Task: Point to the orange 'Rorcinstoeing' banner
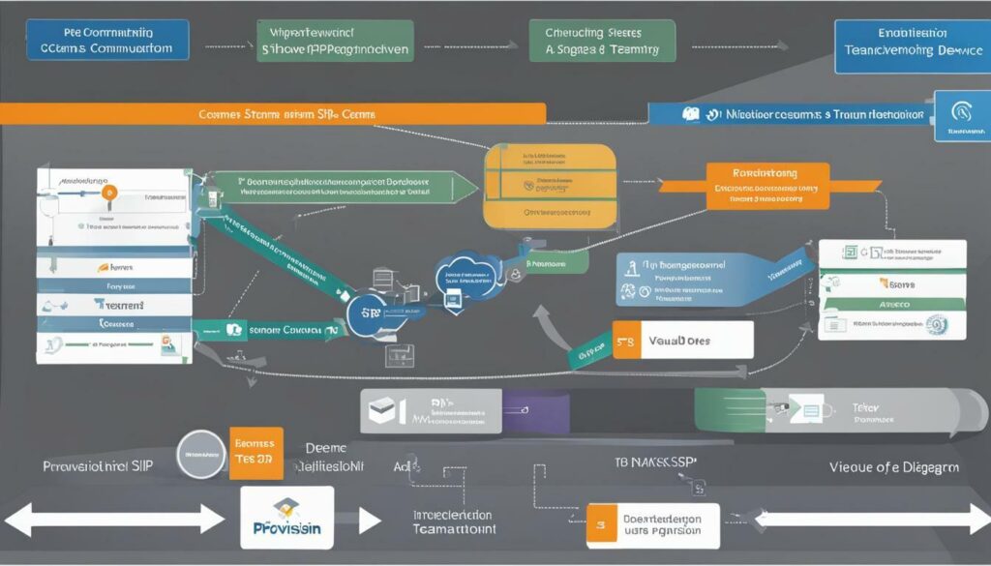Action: click(767, 186)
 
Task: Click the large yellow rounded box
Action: click(551, 186)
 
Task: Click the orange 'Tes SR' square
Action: click(255, 453)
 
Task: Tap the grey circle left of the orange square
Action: click(203, 453)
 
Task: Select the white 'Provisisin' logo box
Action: click(285, 519)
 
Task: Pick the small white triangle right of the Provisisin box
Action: click(369, 521)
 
